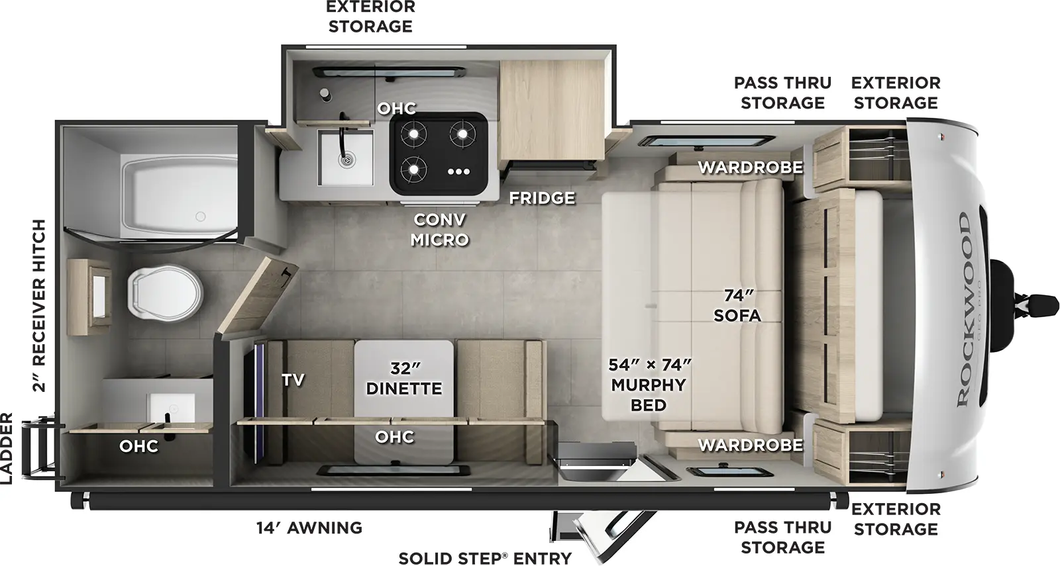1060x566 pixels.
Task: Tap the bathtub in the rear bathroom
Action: tap(179, 189)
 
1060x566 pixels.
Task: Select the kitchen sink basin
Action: tap(345, 158)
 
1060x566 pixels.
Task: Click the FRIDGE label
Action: tap(542, 198)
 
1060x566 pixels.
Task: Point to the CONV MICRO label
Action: tap(439, 229)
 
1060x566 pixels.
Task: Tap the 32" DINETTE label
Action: tap(404, 378)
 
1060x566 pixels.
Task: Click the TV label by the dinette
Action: tap(293, 379)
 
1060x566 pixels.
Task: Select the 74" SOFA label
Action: tap(737, 305)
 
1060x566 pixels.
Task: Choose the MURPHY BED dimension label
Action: tap(649, 385)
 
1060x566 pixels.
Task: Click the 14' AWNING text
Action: tap(309, 528)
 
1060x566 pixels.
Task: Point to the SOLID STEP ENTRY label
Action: tap(485, 558)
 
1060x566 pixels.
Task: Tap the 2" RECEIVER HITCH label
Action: tap(40, 306)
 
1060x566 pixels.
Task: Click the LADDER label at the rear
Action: tap(7, 448)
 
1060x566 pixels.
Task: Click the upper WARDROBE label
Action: tap(750, 167)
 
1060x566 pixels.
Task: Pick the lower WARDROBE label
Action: tap(750, 445)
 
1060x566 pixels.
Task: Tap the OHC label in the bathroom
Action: tap(138, 446)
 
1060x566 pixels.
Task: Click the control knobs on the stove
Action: tap(458, 171)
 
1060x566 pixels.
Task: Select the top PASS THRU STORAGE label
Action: tap(782, 93)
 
